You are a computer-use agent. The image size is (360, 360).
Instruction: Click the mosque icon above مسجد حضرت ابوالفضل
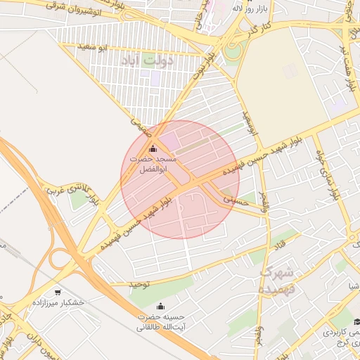point(153,148)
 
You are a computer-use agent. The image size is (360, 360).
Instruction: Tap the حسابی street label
point(236,198)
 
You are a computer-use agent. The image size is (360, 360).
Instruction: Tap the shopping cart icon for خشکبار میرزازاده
point(56,290)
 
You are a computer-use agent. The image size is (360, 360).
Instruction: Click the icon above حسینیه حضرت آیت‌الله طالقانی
point(160,307)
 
